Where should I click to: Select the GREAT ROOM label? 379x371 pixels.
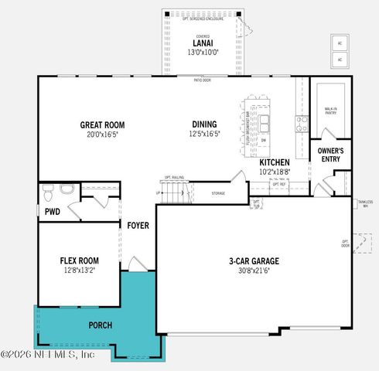point(102,124)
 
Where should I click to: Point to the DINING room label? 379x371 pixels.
point(205,124)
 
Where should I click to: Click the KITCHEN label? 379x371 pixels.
point(274,162)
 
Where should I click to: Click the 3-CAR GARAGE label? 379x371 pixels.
point(254,261)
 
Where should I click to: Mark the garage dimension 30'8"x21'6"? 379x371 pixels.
point(254,271)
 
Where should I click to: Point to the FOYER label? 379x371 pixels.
point(138,226)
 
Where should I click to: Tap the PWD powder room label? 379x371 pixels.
point(53,211)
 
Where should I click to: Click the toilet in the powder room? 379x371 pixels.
point(47,190)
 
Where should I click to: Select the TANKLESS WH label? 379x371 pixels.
point(365,203)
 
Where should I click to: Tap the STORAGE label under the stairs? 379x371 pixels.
point(217,193)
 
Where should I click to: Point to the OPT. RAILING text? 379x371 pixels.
point(173,176)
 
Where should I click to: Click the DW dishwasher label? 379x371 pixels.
point(263,140)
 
